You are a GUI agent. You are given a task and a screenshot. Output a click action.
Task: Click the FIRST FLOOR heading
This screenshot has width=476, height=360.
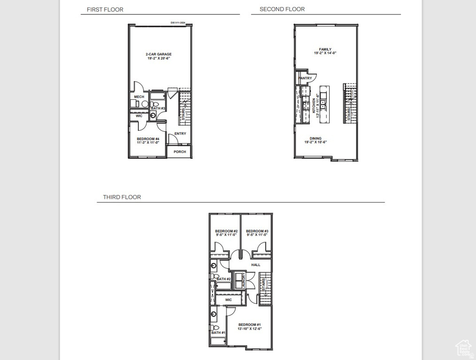105,9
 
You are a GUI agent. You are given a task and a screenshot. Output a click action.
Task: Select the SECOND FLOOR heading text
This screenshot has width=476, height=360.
282,9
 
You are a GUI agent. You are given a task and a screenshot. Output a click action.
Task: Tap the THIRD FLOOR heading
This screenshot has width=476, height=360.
122,197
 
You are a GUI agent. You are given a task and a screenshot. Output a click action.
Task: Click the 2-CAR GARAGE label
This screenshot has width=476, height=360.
159,54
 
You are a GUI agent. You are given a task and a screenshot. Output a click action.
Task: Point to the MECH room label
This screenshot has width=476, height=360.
139,97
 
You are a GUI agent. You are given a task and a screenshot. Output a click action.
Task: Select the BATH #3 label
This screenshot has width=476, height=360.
158,108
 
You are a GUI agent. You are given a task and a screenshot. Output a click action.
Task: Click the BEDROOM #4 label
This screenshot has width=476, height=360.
148,139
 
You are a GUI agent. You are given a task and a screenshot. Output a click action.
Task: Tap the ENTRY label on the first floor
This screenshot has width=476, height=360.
180,134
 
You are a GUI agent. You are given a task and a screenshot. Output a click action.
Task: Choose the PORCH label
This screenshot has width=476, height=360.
180,152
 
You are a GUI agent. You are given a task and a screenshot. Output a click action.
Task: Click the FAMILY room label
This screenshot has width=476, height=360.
325,49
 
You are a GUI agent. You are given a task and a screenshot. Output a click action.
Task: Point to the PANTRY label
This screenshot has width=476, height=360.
305,78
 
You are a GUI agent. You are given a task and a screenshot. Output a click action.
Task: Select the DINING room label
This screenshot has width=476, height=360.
316,139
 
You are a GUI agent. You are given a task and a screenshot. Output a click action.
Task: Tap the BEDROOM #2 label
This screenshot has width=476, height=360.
227,231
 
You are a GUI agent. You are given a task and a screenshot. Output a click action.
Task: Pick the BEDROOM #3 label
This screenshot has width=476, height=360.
257,231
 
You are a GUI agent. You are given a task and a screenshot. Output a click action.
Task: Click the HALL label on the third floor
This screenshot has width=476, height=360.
256,265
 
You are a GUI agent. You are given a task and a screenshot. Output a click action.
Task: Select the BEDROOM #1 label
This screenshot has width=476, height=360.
249,325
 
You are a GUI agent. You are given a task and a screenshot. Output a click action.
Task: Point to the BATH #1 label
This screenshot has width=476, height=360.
218,333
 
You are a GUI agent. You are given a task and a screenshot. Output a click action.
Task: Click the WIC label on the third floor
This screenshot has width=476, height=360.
228,300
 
